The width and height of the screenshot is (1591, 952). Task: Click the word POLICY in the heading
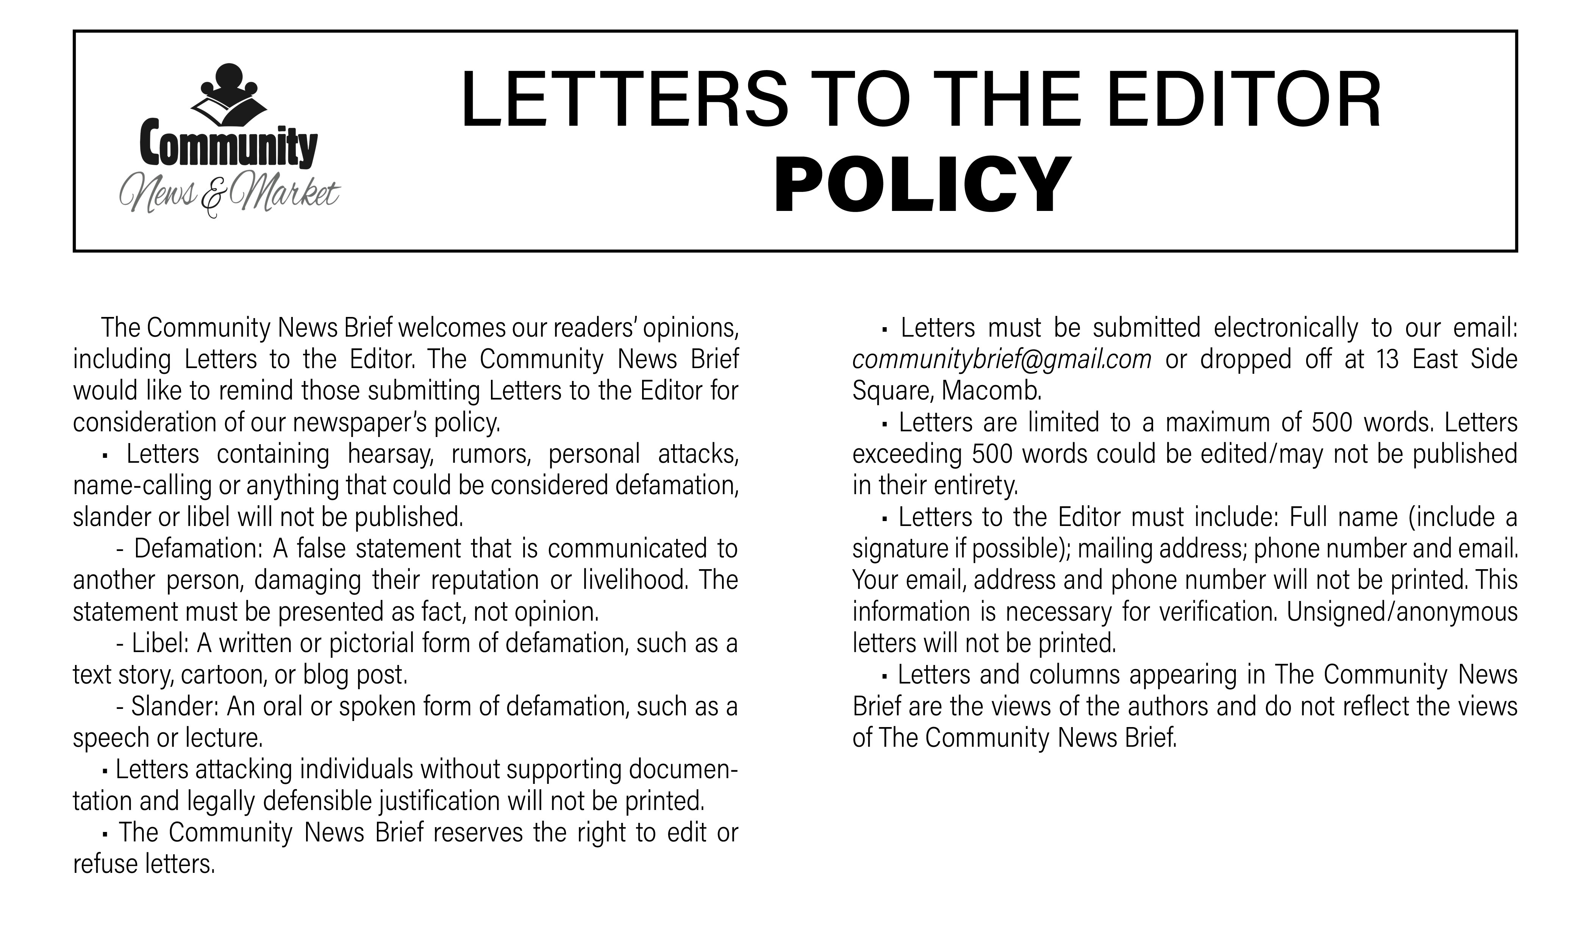click(x=922, y=186)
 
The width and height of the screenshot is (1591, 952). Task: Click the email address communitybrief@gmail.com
click(x=1002, y=360)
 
